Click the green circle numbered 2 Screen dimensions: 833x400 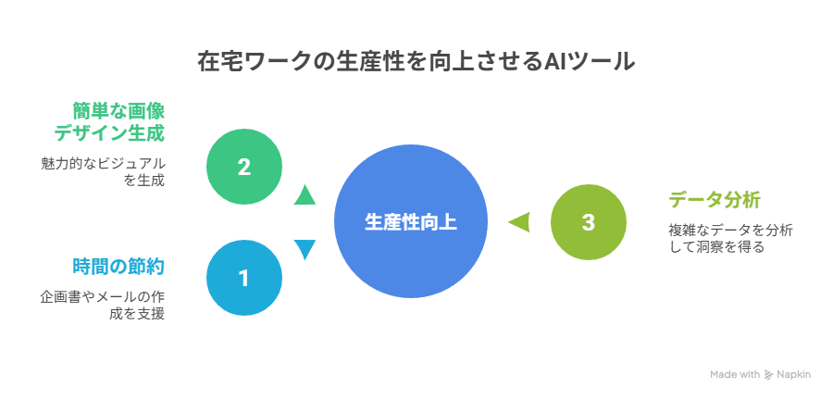tap(243, 168)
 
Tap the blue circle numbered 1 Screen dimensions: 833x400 tap(243, 279)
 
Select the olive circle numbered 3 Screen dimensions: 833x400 tap(588, 222)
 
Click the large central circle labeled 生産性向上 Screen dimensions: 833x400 tap(411, 222)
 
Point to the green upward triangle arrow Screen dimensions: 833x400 tap(305, 195)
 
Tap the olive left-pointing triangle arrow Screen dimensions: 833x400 tap(519, 222)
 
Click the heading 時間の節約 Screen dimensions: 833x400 tap(118, 267)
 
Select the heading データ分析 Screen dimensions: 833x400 tap(715, 201)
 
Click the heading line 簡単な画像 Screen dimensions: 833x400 tap(118, 111)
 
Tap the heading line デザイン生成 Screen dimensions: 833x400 tap(109, 133)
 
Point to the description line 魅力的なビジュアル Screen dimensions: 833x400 tap(103, 164)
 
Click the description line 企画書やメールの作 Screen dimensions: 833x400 tap(103, 296)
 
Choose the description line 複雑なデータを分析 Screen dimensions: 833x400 tap(730, 231)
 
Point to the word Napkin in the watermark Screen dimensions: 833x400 tap(794, 374)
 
